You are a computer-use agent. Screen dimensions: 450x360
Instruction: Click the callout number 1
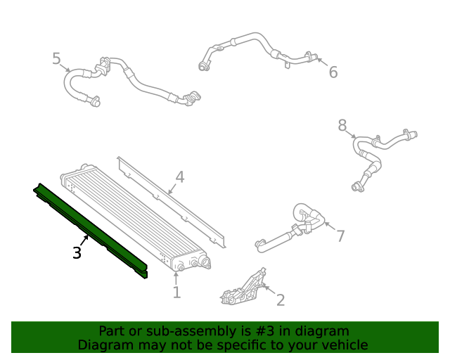pyautogui.click(x=176, y=292)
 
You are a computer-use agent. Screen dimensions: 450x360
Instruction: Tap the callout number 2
pyautogui.click(x=281, y=300)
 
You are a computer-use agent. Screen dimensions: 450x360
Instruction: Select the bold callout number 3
pyautogui.click(x=77, y=253)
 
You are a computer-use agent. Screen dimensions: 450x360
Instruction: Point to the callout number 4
pyautogui.click(x=180, y=177)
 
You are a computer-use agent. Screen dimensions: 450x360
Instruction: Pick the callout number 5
pyautogui.click(x=57, y=58)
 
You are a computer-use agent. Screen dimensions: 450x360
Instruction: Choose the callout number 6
pyautogui.click(x=333, y=72)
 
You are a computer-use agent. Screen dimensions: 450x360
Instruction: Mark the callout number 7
pyautogui.click(x=340, y=236)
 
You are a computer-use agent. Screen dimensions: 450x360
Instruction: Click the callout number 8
pyautogui.click(x=342, y=125)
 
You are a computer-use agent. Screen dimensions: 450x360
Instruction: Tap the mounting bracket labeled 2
pyautogui.click(x=244, y=288)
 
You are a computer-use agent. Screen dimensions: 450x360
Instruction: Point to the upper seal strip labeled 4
pyautogui.click(x=172, y=202)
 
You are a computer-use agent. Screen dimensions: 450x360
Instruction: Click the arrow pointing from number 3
pyautogui.click(x=84, y=240)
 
